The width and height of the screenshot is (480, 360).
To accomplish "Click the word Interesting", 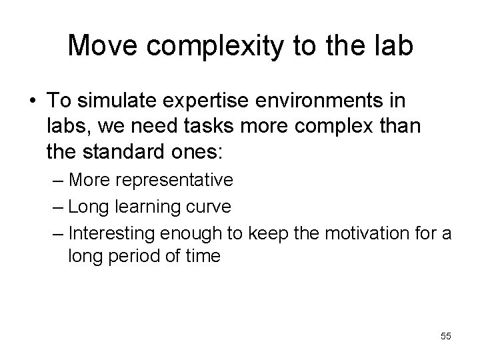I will [112, 233].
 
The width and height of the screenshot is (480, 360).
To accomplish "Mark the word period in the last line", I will [134, 256].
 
